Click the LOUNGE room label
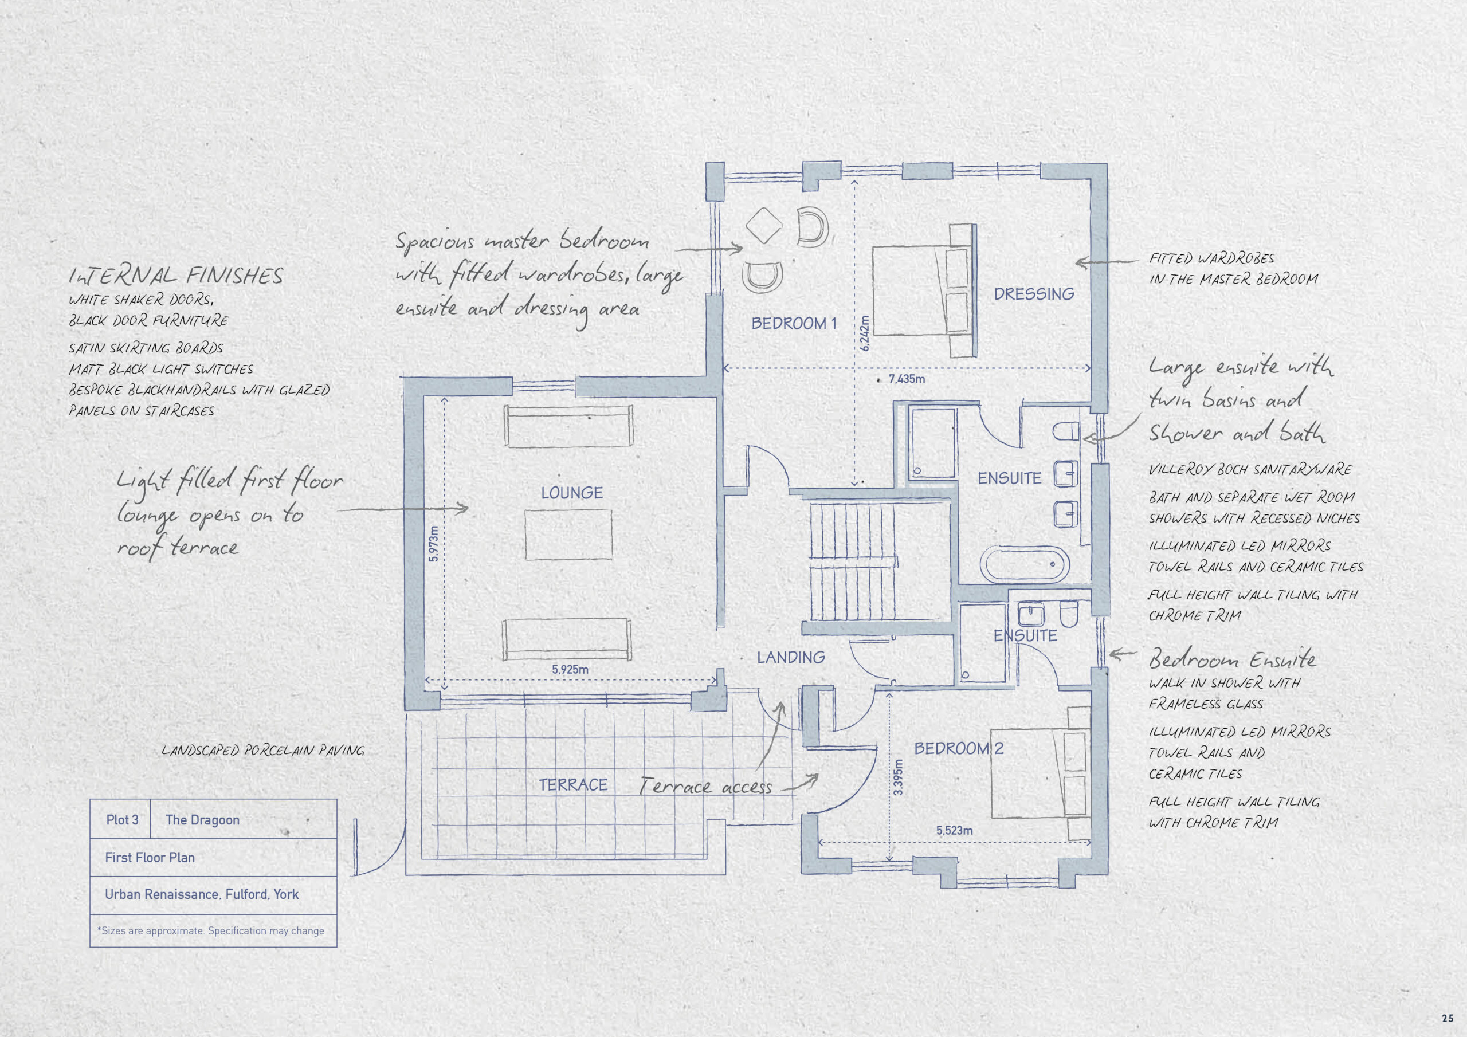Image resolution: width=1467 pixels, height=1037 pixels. tap(572, 493)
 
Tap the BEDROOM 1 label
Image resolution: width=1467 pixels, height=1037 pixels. tap(794, 323)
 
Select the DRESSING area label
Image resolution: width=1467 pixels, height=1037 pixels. tap(1034, 294)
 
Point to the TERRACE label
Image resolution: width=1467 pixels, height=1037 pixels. tap(572, 784)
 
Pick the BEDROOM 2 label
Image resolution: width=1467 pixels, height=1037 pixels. tap(958, 748)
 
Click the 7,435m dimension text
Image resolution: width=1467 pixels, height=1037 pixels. tap(907, 379)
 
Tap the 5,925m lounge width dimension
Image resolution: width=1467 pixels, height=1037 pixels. tap(570, 670)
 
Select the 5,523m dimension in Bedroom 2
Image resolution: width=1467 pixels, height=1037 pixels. tap(955, 831)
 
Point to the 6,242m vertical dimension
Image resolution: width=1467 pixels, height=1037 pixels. tap(865, 333)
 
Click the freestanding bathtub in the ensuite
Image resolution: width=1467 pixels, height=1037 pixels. tap(1024, 564)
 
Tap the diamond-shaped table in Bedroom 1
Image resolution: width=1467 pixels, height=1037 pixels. tap(764, 226)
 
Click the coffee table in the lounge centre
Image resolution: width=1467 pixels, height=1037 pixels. tap(568, 534)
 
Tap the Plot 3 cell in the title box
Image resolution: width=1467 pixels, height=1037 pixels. tap(121, 820)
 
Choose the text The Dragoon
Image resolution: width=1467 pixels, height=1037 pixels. tap(202, 820)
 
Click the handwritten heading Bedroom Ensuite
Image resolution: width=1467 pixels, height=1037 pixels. tap(1232, 658)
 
